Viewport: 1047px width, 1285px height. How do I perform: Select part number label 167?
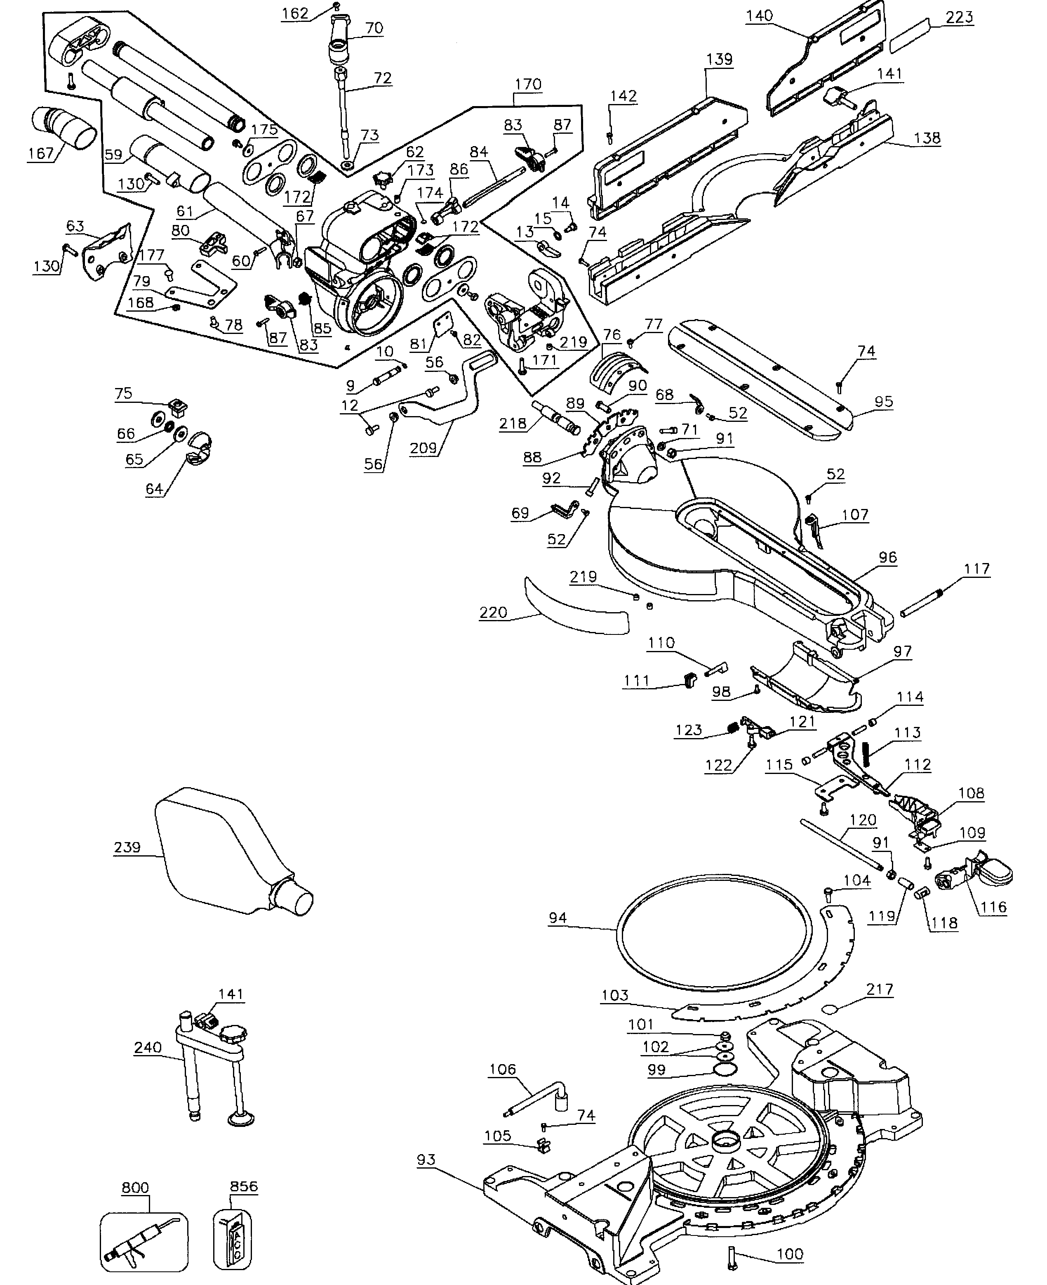(40, 153)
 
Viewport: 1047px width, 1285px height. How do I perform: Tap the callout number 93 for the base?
(426, 1160)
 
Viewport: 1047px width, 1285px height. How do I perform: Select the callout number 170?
(528, 84)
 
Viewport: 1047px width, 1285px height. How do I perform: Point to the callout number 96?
(887, 557)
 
